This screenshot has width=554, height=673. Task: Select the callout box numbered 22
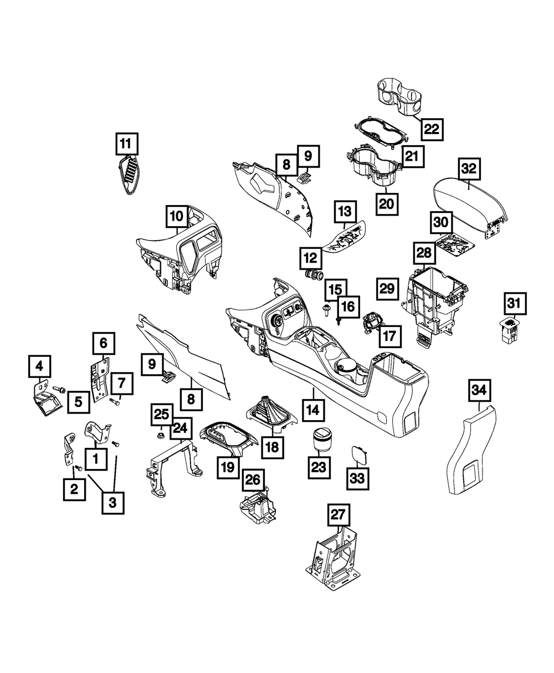[x=431, y=129]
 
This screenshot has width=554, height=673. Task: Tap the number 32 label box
[x=470, y=168]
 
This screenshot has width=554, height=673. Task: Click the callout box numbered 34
[x=480, y=391]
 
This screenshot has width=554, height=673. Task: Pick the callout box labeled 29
[x=387, y=288]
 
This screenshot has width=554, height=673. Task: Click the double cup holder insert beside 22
[x=399, y=96]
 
